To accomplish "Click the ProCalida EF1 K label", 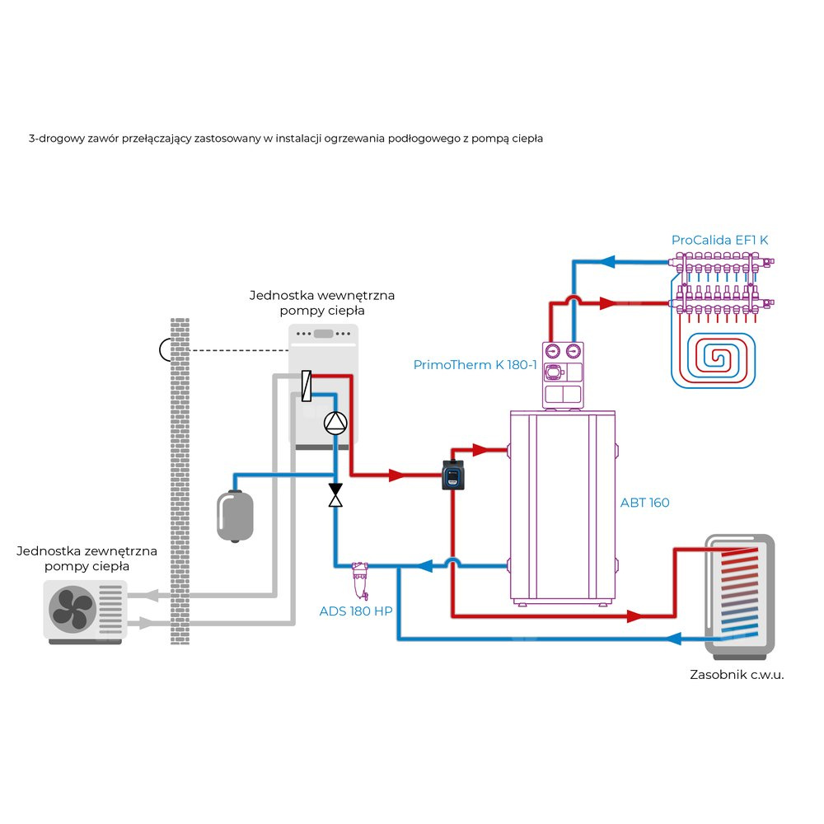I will [719, 240].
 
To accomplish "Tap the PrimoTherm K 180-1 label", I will [475, 364].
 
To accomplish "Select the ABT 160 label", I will [644, 502].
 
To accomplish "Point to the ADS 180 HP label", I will [355, 611].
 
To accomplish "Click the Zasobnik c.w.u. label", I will [737, 674].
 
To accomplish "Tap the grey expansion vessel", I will [234, 516].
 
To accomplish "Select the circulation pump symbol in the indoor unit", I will [335, 423].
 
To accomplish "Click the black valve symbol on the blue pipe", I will [335, 495].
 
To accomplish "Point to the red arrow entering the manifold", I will [608, 302].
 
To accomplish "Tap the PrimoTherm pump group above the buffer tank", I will [562, 374].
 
